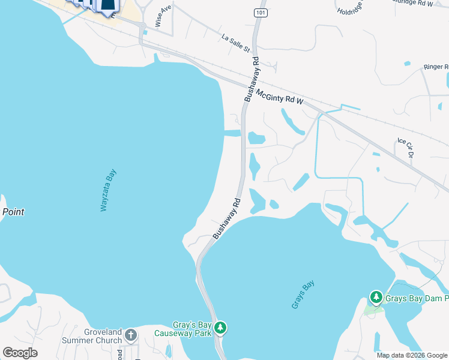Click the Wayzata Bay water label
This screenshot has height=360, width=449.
pos(108,190)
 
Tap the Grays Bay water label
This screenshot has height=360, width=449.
pos(303,295)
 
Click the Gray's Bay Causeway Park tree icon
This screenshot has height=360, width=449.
pos(221,327)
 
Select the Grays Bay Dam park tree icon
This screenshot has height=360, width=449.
pos(376,297)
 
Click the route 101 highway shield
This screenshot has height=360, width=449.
pos(260,12)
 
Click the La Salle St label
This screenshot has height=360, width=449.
pos(235,43)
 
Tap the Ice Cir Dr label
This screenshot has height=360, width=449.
pos(406,148)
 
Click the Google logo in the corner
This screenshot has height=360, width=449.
pos(20,353)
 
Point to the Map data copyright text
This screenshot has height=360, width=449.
pos(412,355)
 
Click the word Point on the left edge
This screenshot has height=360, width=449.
pos(13,212)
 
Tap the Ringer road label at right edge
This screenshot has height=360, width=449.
pos(436,67)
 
